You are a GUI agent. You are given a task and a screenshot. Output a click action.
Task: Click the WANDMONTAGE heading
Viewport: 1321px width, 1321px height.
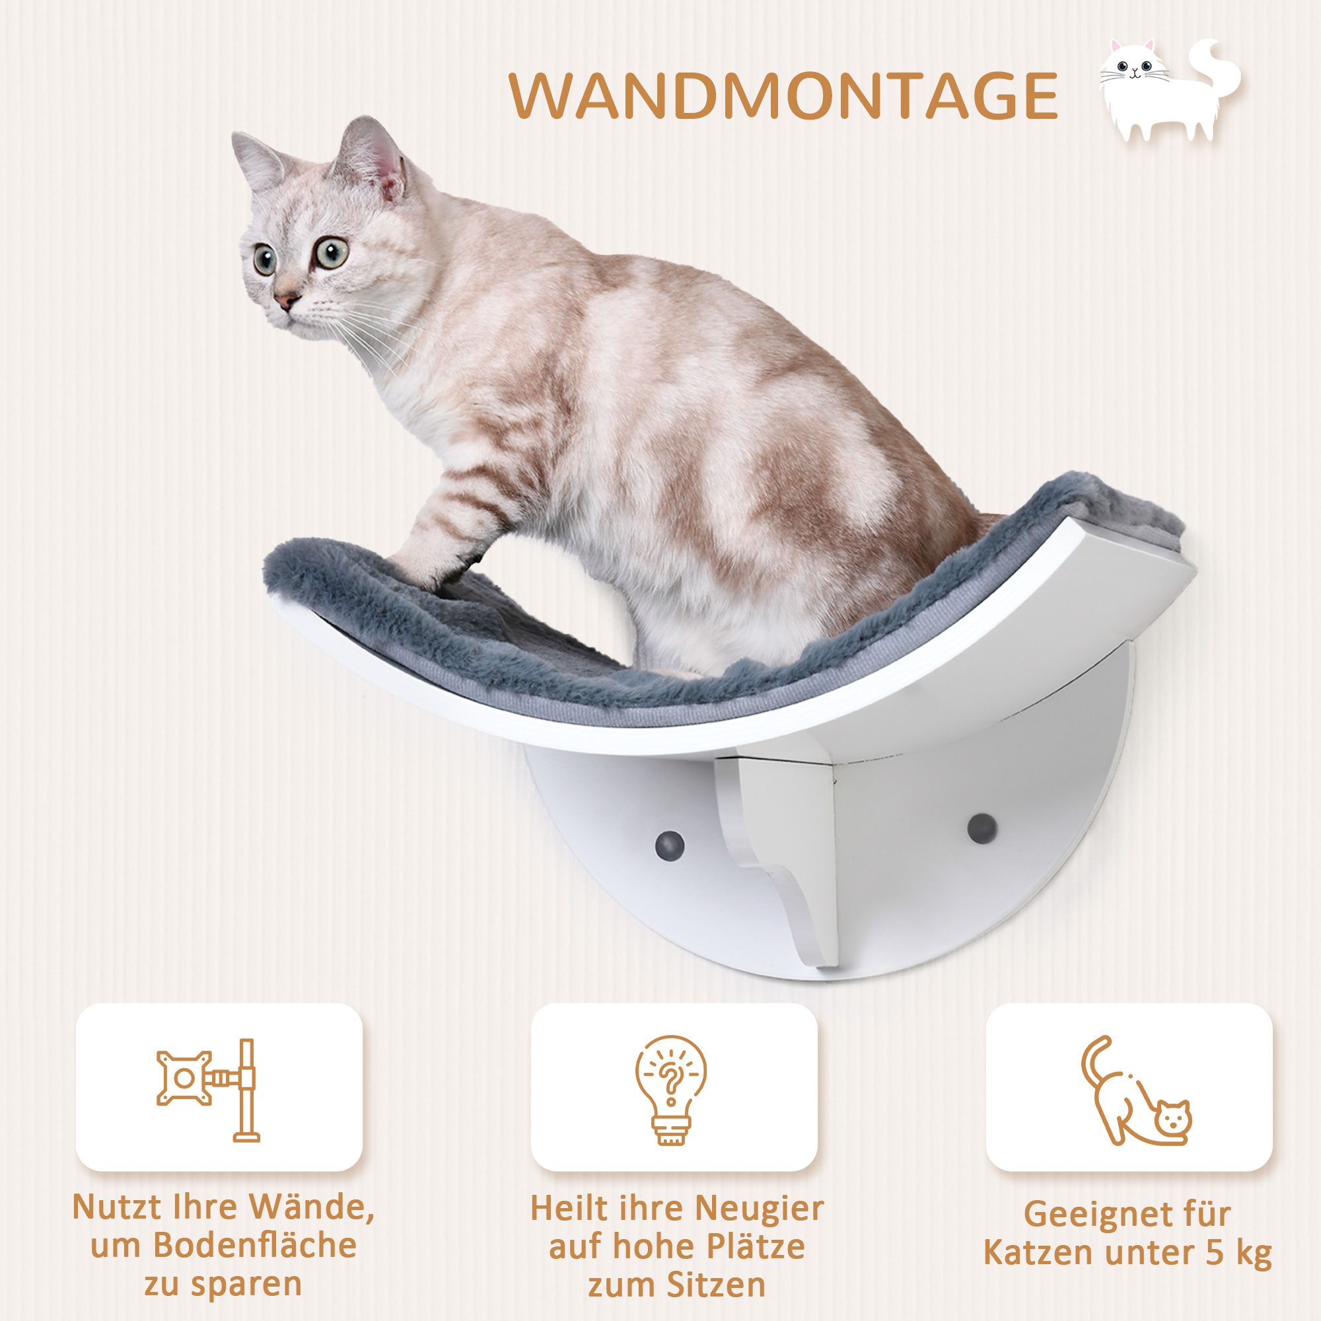coord(783,96)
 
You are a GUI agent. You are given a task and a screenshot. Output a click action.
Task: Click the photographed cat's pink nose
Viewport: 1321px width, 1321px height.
coord(286,299)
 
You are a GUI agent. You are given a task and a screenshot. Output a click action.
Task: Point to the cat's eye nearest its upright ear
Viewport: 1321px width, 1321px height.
coord(331,252)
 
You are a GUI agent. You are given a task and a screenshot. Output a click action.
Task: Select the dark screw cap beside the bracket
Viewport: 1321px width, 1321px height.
coord(669,846)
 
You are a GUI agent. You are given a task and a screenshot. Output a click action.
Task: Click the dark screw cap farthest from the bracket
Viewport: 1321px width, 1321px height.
coord(982,829)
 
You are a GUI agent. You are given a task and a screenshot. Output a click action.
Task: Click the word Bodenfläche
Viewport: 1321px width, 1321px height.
coord(254,1245)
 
